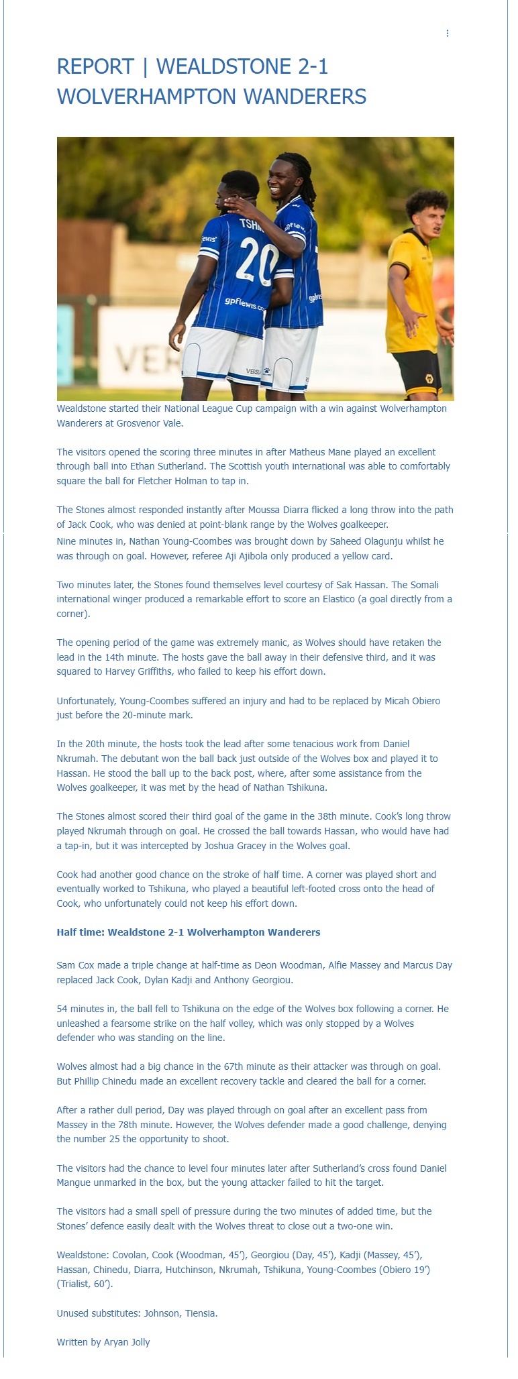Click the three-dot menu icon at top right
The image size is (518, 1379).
(448, 34)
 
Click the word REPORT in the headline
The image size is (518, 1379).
(95, 67)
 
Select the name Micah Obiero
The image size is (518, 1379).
(412, 701)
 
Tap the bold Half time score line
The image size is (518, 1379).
(188, 932)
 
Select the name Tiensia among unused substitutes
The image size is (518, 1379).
(200, 1313)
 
